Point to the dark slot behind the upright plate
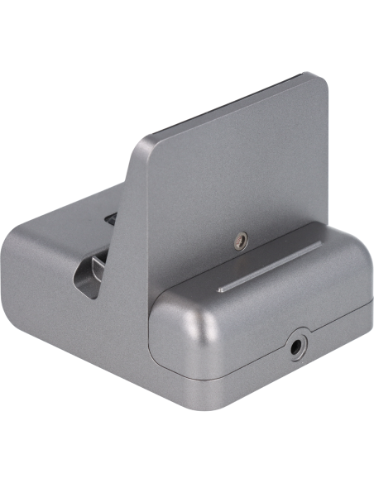tap(110, 220)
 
